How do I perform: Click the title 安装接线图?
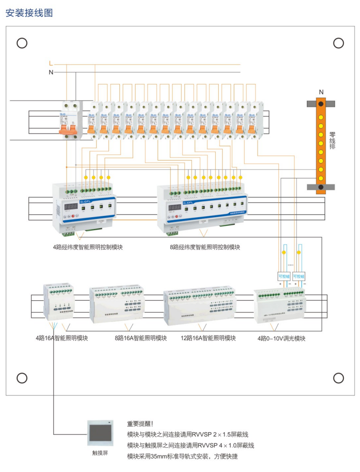pos(29,13)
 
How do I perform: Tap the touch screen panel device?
pos(100,433)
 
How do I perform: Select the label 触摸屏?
pos(100,453)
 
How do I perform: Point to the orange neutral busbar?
pos(321,145)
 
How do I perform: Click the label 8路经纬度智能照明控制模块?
pos(205,247)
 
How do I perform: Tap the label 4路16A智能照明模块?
pos(62,338)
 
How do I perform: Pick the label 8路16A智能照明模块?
pos(141,338)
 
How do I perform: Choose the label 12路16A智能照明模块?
pos(208,338)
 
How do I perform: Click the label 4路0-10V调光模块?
pos(281,338)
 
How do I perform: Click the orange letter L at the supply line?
pos(51,64)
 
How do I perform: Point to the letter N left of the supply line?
pos(51,72)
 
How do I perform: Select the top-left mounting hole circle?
pos(22,43)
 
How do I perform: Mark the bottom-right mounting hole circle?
pos(339,378)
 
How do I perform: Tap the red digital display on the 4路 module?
pos(71,207)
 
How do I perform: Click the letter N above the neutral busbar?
pos(321,92)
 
